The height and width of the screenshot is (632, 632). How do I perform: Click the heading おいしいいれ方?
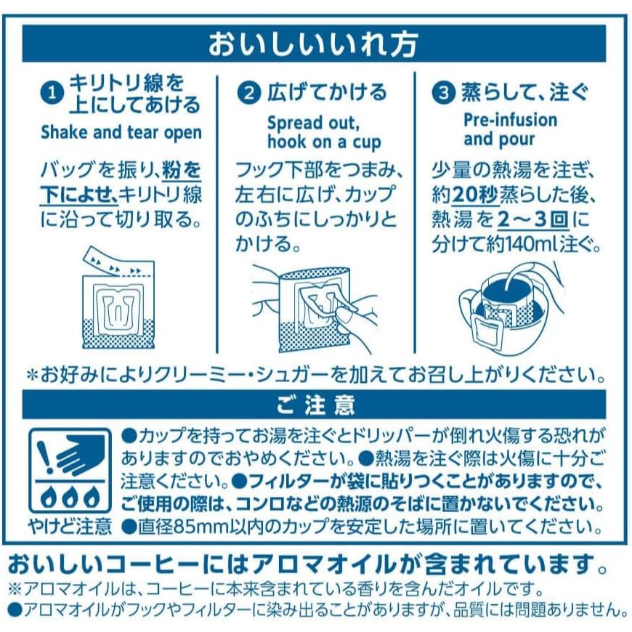[313, 44]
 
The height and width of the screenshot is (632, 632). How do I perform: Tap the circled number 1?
[52, 94]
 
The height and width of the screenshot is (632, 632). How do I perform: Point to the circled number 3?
[443, 93]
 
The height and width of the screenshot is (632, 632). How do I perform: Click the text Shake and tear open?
[121, 133]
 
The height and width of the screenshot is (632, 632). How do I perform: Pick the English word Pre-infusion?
[510, 120]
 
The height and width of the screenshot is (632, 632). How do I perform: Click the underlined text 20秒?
[475, 196]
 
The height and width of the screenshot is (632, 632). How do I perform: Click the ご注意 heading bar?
[314, 405]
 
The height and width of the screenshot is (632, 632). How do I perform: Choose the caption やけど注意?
[70, 525]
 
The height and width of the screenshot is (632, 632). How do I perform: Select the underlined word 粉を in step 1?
[182, 170]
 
